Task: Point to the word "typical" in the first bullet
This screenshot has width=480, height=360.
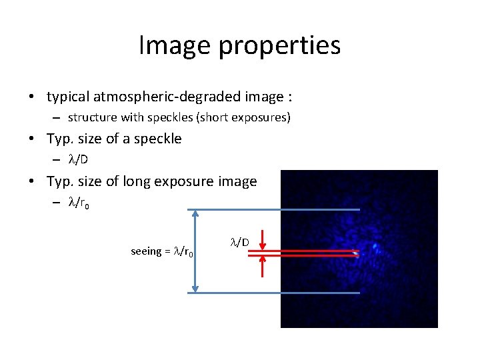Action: (69, 97)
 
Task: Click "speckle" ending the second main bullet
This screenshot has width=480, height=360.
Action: (159, 139)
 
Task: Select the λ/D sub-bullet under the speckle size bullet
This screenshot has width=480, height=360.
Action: (79, 159)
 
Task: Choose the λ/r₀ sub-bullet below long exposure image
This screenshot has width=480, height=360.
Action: (79, 203)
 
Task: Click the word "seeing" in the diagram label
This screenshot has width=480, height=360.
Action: (146, 251)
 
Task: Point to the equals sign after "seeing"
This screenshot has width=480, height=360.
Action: (168, 251)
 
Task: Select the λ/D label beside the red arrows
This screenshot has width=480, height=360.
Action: (240, 242)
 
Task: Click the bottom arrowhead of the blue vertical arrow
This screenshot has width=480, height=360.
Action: (194, 288)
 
